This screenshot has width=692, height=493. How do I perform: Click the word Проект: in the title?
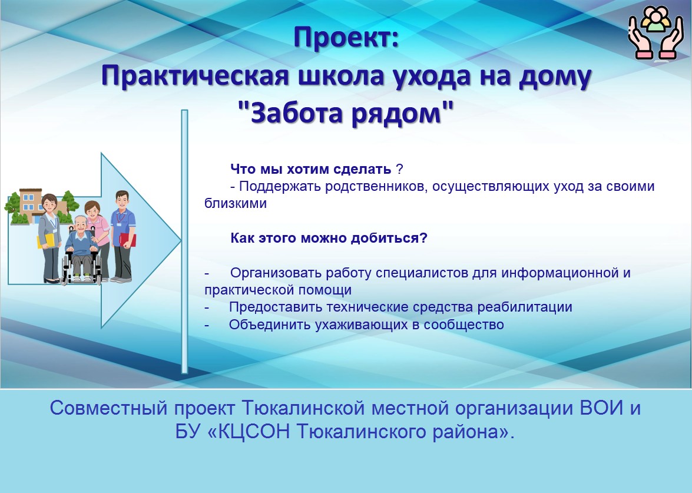pyautogui.click(x=346, y=38)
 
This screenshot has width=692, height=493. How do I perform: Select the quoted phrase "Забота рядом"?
pyautogui.click(x=346, y=113)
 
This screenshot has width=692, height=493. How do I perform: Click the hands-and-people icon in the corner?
pyautogui.click(x=656, y=32)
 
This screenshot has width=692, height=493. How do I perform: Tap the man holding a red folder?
pyautogui.click(x=123, y=237)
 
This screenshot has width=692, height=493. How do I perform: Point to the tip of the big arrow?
pyautogui.click(x=181, y=240)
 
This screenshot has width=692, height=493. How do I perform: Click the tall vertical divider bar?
pyautogui.click(x=184, y=241)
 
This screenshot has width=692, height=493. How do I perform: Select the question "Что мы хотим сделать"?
pyautogui.click(x=311, y=169)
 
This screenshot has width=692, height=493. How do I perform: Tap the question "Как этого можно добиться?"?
pyautogui.click(x=329, y=239)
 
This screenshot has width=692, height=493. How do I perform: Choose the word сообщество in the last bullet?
pyautogui.click(x=464, y=325)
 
